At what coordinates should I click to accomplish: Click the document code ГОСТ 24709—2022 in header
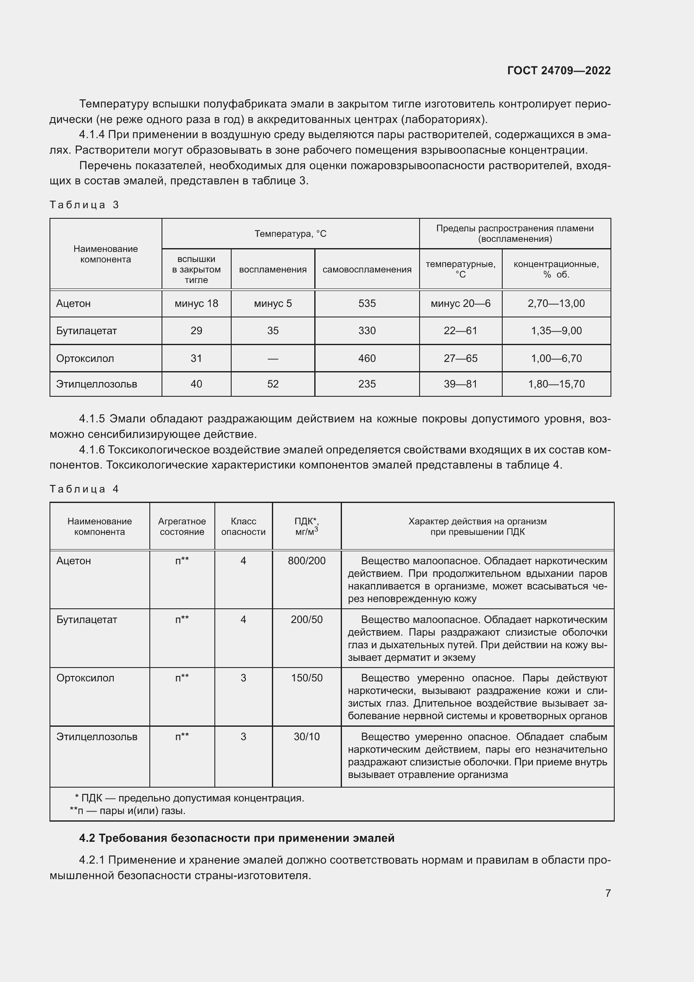[x=558, y=71]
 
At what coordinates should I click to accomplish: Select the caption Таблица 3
[x=84, y=205]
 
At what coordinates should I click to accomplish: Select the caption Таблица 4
[x=84, y=489]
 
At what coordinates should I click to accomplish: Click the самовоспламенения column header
[x=367, y=270]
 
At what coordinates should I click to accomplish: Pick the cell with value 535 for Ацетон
[x=367, y=304]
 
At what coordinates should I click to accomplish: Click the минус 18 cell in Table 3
[x=196, y=304]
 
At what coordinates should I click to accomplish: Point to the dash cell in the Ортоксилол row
[x=273, y=359]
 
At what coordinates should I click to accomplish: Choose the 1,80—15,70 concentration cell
[x=556, y=384]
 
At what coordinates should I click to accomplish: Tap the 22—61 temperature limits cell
[x=460, y=330]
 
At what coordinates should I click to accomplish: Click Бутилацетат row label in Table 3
[x=86, y=330]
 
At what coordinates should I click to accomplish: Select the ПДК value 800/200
[x=306, y=561]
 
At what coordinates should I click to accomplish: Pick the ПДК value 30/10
[x=306, y=736]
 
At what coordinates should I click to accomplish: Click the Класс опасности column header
[x=243, y=526]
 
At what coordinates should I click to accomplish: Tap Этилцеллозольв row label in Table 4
[x=97, y=736]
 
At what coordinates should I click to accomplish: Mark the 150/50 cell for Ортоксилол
[x=306, y=678]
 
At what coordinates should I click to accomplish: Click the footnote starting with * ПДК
[x=189, y=798]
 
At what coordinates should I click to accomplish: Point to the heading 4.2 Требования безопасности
[x=236, y=838]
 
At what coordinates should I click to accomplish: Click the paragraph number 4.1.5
[x=92, y=419]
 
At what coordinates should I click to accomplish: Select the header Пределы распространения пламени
[x=514, y=233]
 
